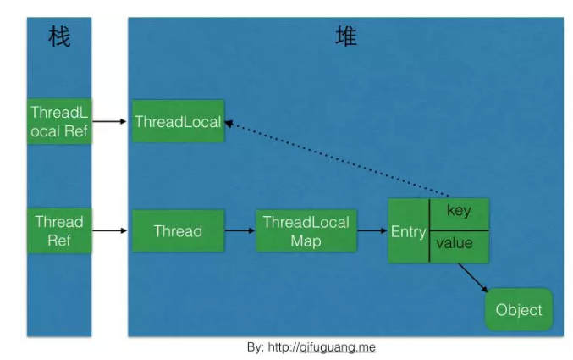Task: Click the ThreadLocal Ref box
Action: tap(59, 121)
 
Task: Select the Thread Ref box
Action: tap(59, 230)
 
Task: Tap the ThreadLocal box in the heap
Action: tap(178, 121)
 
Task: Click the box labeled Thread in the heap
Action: tap(178, 230)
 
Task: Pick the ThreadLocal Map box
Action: tap(306, 230)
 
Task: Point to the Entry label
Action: tap(408, 231)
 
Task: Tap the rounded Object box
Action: tap(519, 310)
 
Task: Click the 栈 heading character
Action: tap(59, 39)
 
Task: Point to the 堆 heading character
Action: tap(345, 37)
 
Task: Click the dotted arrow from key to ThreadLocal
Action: tap(339, 161)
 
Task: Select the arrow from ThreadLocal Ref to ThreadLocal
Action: tap(111, 122)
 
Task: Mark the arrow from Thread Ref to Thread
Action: tap(111, 230)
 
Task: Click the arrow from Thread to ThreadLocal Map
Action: tap(240, 230)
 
